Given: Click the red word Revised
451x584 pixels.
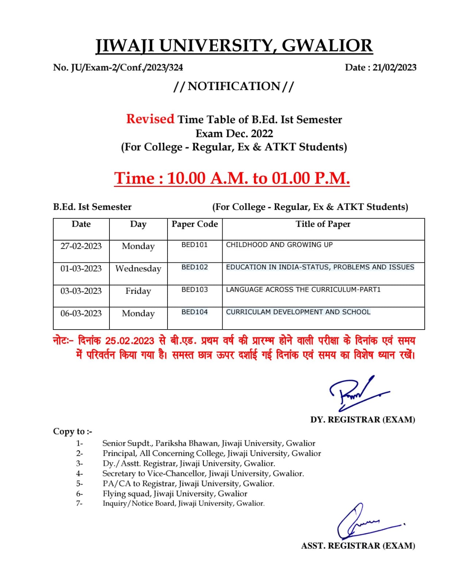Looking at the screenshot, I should click(150, 119).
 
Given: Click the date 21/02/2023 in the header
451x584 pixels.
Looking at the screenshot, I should click(394, 68).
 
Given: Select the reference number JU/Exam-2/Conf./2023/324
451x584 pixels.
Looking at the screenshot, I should click(127, 68).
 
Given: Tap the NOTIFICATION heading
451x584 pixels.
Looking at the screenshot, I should click(234, 86).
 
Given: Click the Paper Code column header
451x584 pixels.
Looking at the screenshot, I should click(194, 224).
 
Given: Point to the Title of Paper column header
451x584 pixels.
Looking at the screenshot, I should click(323, 224).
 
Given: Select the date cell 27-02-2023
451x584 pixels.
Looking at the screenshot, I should click(81, 246).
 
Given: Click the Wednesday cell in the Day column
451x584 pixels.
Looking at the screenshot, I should click(138, 269).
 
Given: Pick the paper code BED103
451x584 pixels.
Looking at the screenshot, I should click(194, 289).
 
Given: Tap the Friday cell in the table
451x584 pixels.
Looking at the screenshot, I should click(138, 291).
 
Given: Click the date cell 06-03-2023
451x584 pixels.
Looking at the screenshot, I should click(81, 314).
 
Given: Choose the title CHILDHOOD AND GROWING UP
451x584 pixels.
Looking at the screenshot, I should click(279, 245).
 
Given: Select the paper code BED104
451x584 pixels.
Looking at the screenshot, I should click(194, 312).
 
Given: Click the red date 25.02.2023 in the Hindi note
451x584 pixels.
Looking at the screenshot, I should click(130, 341).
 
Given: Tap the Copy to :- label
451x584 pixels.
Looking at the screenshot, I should click(73, 431).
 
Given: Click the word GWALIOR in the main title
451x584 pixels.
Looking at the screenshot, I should click(327, 46).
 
